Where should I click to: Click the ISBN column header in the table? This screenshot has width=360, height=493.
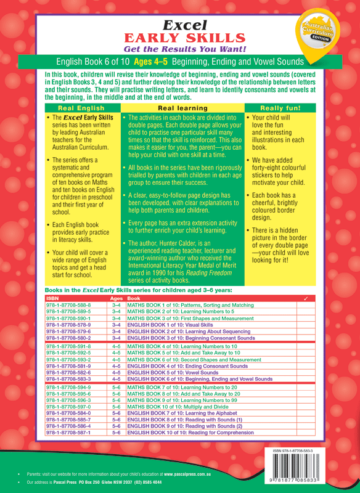click(53, 298)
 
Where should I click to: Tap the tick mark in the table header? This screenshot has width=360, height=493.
click(306, 298)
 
